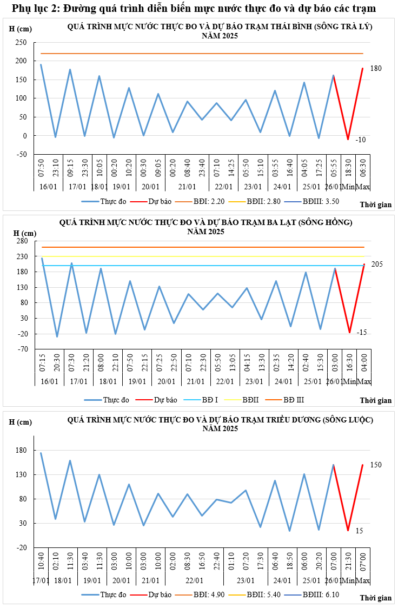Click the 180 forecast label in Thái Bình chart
click(x=376, y=69)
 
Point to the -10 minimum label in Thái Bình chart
click(x=361, y=140)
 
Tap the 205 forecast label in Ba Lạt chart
click(x=377, y=264)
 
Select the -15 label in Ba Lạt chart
click(x=362, y=332)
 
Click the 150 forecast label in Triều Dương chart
click(x=376, y=465)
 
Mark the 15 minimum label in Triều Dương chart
click(x=359, y=531)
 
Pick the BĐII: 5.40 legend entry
click(x=265, y=594)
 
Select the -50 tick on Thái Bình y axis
click(x=21, y=155)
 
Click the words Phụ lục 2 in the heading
click(x=35, y=9)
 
